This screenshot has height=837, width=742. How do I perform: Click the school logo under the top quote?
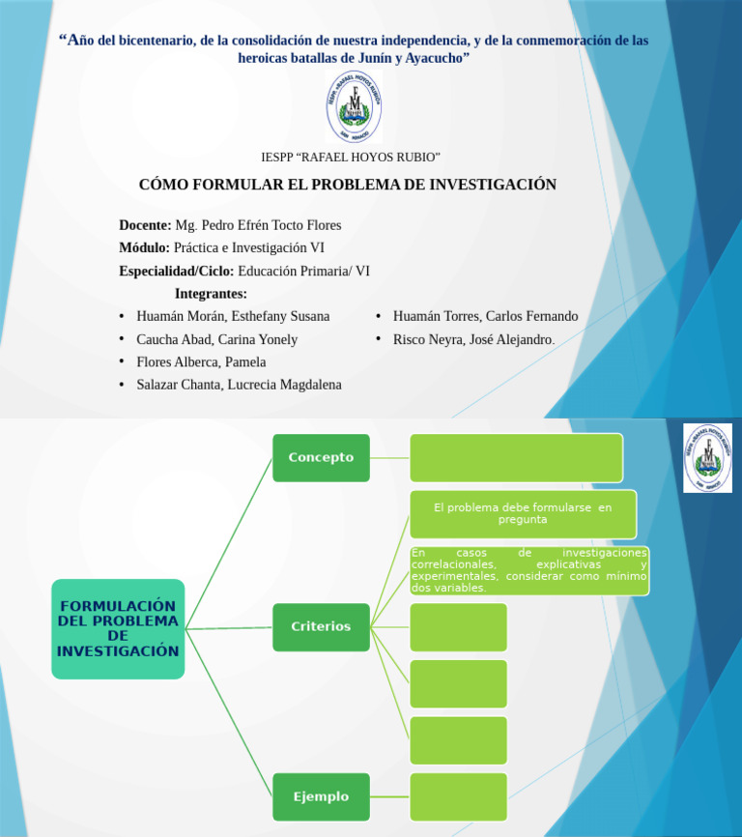click(354, 106)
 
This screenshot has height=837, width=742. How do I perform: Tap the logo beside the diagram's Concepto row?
click(707, 457)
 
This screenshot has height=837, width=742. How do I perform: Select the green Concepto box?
click(321, 457)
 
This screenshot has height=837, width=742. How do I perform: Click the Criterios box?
click(321, 626)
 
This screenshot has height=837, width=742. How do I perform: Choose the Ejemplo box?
click(321, 796)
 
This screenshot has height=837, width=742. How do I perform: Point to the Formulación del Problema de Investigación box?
click(118, 629)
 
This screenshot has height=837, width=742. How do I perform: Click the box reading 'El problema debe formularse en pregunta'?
click(523, 513)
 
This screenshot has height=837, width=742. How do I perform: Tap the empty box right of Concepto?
click(516, 457)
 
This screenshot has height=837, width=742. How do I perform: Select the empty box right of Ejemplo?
click(458, 796)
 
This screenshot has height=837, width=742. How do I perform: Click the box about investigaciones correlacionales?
click(528, 570)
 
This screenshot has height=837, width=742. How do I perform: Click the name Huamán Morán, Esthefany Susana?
click(233, 316)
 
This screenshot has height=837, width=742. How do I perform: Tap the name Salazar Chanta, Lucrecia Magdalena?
click(239, 385)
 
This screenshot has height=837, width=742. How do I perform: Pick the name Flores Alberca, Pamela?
click(201, 361)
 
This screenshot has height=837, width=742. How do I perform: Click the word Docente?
click(145, 225)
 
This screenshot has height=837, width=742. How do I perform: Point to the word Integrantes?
click(211, 294)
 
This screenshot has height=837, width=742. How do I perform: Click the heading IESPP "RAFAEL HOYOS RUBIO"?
click(351, 157)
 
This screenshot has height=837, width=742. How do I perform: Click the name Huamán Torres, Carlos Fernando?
click(485, 316)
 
